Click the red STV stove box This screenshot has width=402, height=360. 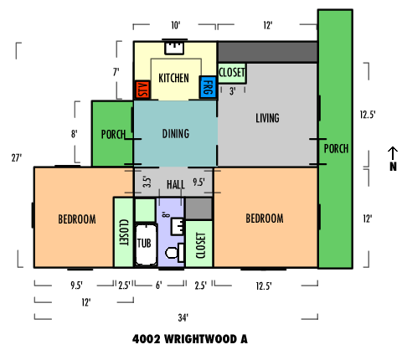pyautogui.click(x=142, y=90)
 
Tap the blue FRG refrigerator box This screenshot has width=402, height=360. pyautogui.click(x=208, y=87)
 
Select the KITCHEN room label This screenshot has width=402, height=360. pyautogui.click(x=173, y=78)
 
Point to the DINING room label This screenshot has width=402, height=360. pyautogui.click(x=176, y=134)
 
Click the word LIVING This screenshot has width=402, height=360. pyautogui.click(x=267, y=118)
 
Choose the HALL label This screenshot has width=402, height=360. pyautogui.click(x=176, y=184)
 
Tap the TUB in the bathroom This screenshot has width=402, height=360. pyautogui.click(x=146, y=244)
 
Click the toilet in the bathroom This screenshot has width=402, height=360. pyautogui.click(x=175, y=253)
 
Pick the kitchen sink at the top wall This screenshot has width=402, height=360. pyautogui.click(x=174, y=48)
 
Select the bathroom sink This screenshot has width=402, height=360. pyautogui.click(x=178, y=227)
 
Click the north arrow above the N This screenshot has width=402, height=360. pyautogui.click(x=393, y=153)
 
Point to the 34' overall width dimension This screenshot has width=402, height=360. pyautogui.click(x=183, y=317)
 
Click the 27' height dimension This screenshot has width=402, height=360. pyautogui.click(x=17, y=158)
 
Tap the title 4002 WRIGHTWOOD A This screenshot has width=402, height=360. pyautogui.click(x=190, y=339)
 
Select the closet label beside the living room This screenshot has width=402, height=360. pyautogui.click(x=232, y=73)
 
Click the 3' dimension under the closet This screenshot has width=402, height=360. pyautogui.click(x=233, y=91)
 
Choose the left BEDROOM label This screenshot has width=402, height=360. pyautogui.click(x=77, y=219)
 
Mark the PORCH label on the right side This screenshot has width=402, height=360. pyautogui.click(x=336, y=149)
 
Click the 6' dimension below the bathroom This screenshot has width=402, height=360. pyautogui.click(x=159, y=285)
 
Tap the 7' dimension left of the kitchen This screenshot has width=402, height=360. pyautogui.click(x=116, y=72)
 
